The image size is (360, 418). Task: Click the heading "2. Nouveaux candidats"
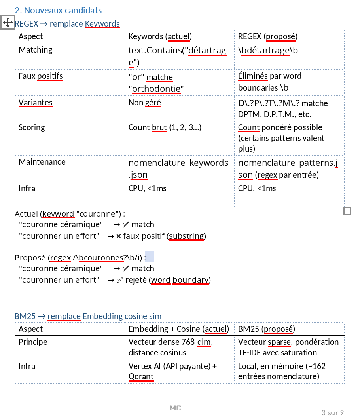58,10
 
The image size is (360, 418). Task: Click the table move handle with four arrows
8,22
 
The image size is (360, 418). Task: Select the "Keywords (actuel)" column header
160,36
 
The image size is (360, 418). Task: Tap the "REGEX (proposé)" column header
267,36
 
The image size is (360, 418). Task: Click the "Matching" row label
36,50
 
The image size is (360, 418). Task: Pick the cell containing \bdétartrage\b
268,51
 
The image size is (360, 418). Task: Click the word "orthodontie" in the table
156,89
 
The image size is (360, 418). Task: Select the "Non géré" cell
144,103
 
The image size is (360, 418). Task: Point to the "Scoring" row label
32,127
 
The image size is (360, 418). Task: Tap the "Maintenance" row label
42,162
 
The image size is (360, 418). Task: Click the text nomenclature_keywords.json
178,169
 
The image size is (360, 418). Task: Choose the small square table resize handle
347,211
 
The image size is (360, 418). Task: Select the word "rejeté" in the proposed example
136,280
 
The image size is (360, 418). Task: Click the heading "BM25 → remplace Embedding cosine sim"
88,316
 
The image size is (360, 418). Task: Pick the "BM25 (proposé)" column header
266,329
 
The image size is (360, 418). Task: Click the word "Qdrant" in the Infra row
141,376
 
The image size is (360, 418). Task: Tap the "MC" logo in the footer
175,408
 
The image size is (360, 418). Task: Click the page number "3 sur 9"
332,413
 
